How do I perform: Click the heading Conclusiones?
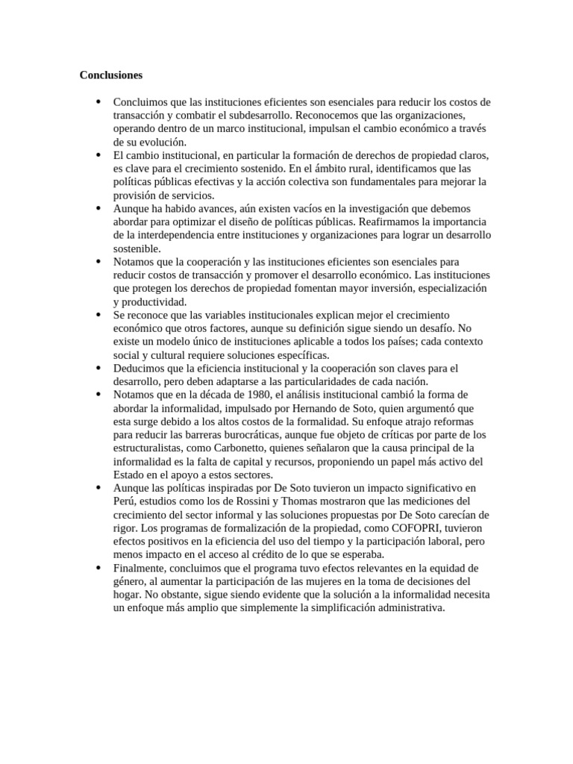coord(111,75)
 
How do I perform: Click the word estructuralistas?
coord(149,448)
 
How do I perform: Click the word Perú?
coord(125,501)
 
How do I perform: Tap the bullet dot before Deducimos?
coord(98,369)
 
